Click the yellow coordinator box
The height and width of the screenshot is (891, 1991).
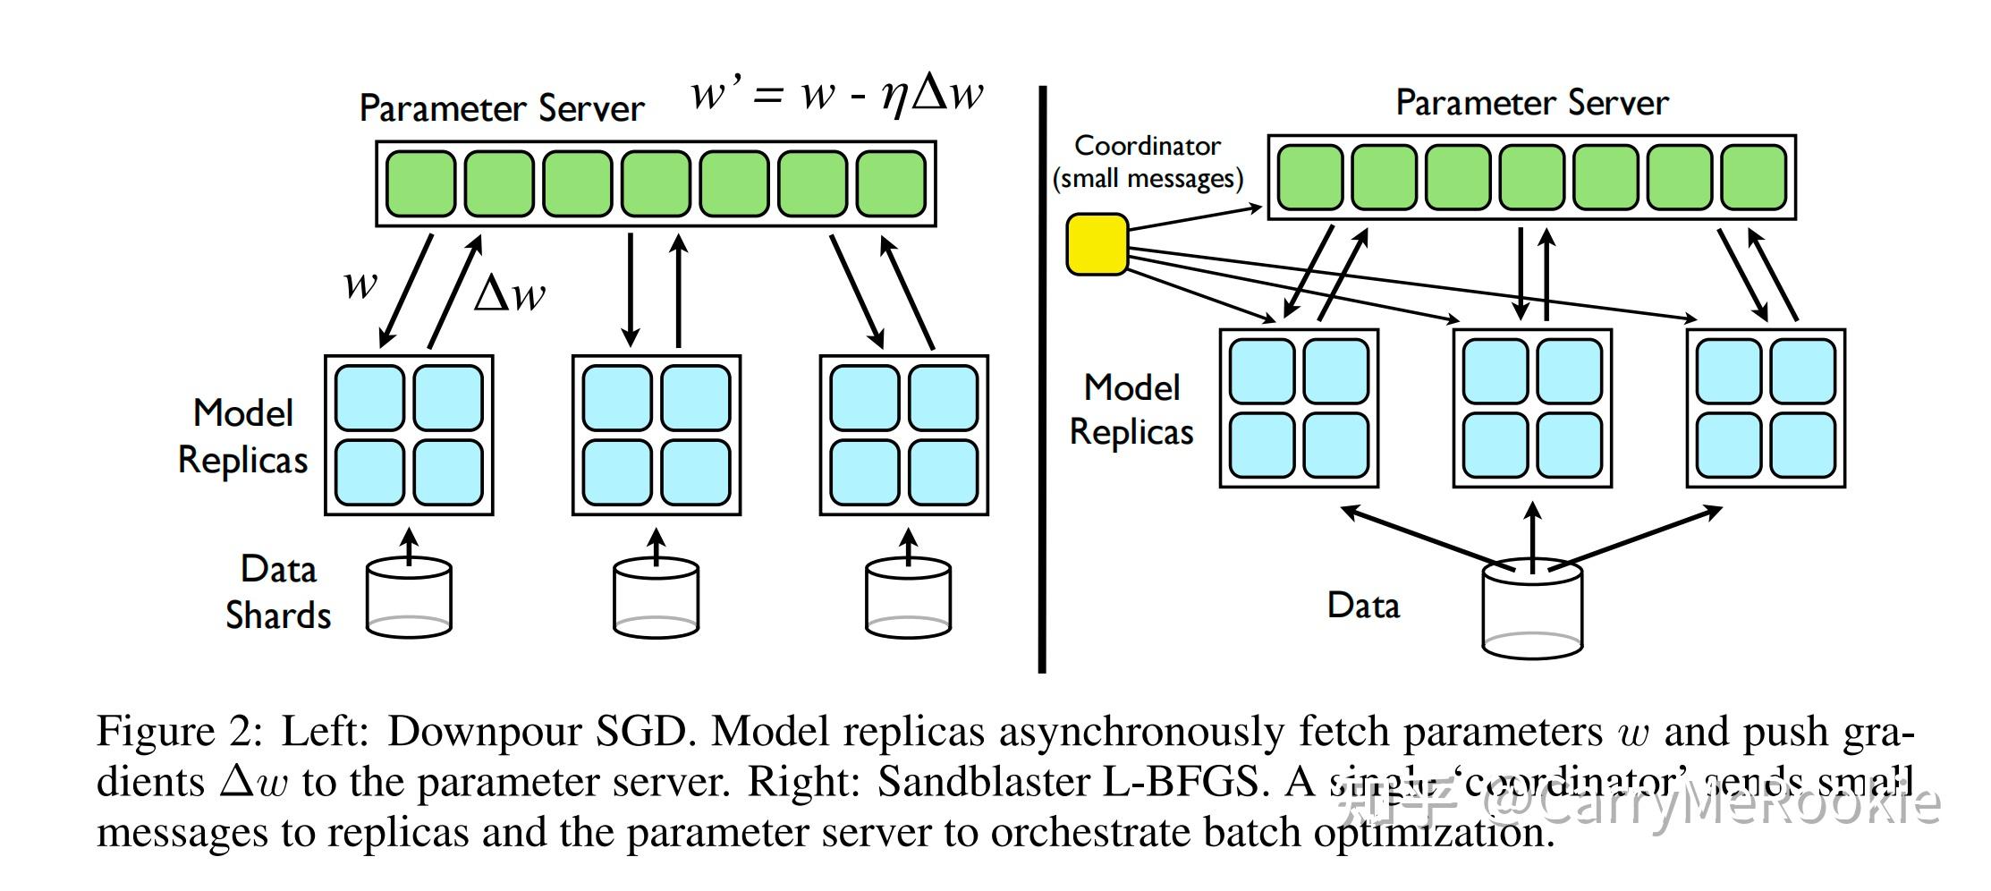1097,243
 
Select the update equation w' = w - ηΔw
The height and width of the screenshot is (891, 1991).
836,93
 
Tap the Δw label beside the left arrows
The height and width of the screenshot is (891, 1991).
509,293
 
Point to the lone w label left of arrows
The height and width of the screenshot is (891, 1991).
360,284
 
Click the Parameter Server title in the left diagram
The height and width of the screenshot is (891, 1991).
501,109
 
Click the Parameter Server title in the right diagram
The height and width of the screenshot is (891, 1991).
1531,104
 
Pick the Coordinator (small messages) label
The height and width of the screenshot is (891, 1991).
1148,162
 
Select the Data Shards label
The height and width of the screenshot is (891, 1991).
277,592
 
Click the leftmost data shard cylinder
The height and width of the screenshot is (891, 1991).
409,598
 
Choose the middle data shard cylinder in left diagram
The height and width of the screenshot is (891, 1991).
656,598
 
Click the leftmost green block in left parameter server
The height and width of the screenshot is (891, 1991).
420,183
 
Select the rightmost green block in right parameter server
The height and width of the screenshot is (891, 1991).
1753,177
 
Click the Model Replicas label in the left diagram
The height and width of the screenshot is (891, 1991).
242,436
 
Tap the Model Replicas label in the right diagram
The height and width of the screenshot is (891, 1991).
1131,410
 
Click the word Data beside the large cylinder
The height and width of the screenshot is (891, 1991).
1362,606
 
